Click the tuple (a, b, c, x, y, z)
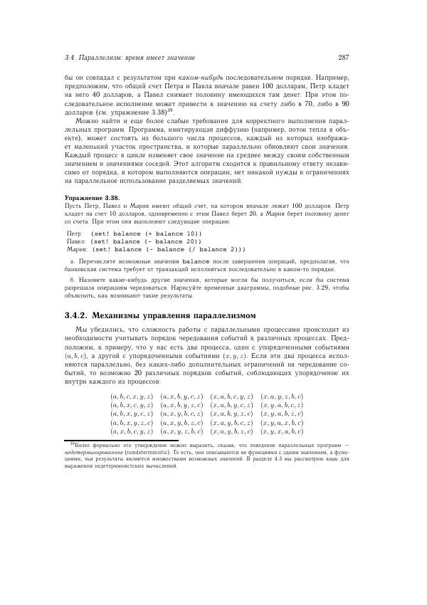click(132, 396)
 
